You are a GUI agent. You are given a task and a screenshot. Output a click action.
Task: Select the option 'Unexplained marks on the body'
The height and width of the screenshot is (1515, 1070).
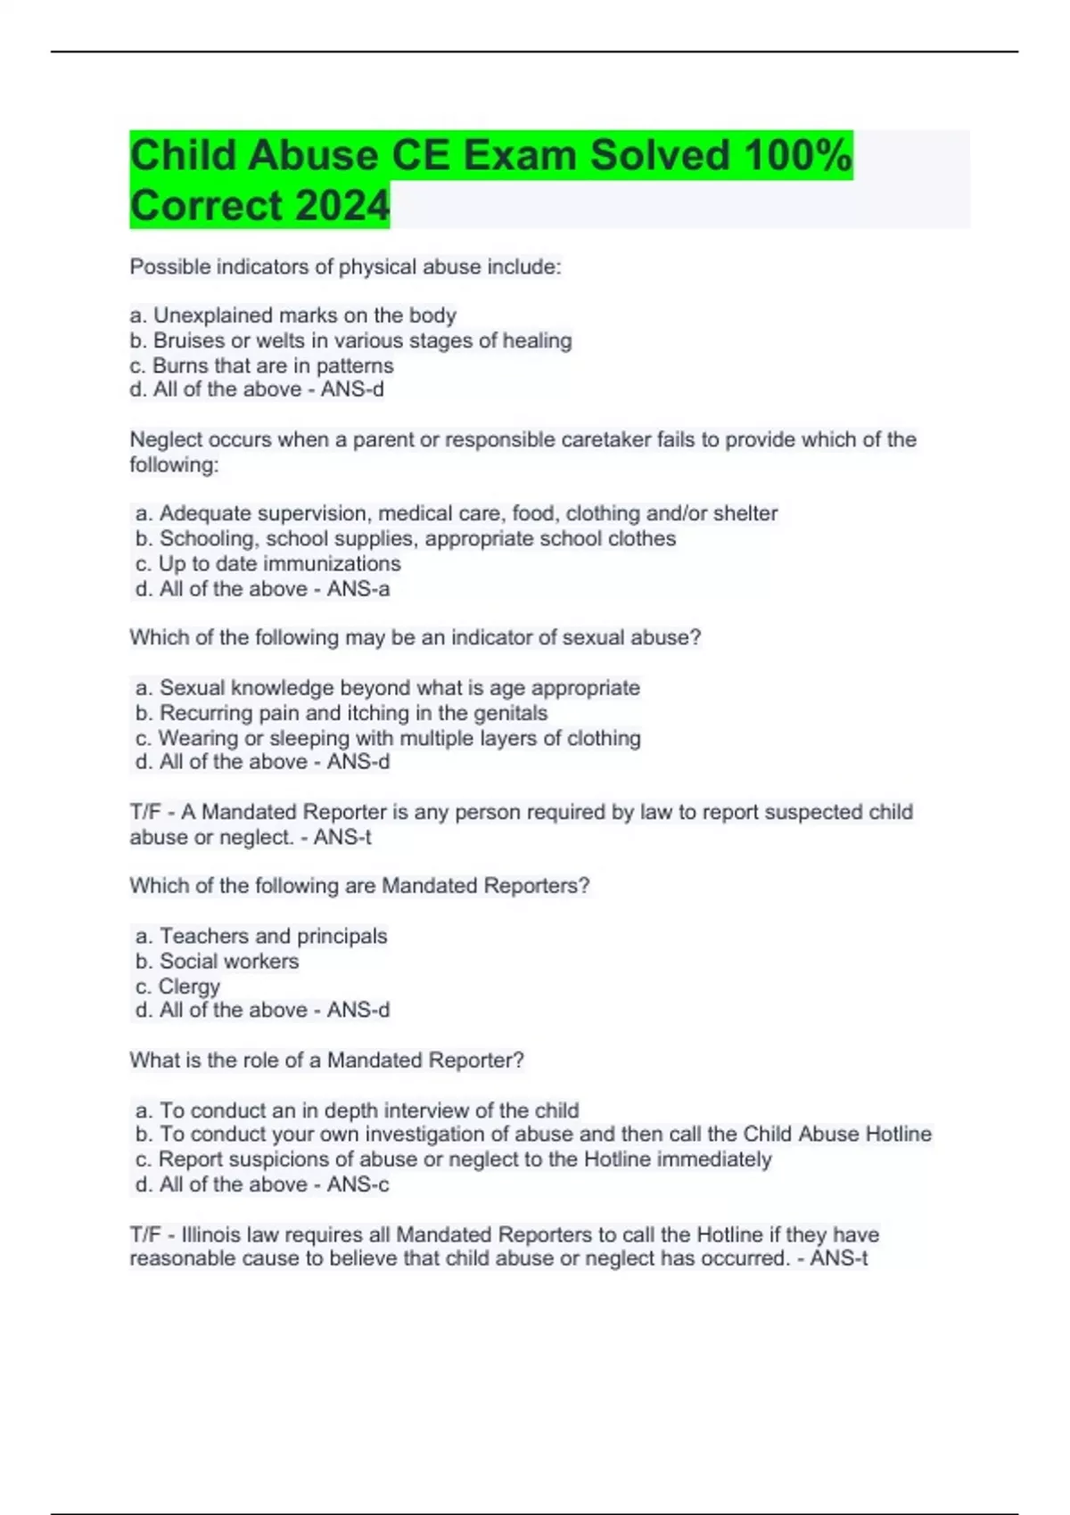coord(293,315)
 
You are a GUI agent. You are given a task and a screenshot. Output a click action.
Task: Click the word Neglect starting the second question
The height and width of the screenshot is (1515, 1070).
coord(165,439)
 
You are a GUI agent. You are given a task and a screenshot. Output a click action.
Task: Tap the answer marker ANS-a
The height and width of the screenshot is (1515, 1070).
coord(358,589)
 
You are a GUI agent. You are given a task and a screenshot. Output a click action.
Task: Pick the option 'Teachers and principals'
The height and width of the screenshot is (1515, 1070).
coord(262,936)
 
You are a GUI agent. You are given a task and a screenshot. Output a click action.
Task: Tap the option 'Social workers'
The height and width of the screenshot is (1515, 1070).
coord(218,961)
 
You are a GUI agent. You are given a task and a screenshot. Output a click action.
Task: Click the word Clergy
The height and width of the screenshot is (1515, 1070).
coord(189,987)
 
